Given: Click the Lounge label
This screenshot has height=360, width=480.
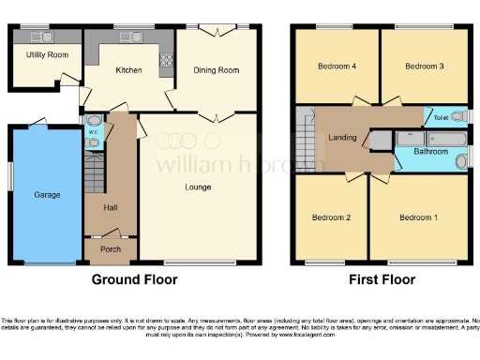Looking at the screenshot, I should tap(197, 187).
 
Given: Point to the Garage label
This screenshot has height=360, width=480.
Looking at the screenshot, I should tap(47, 195).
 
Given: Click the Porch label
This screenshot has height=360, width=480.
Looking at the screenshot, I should tap(111, 249).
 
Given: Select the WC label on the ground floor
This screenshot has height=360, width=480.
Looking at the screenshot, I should tap(93, 132).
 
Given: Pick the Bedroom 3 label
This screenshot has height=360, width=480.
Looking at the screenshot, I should tap(424, 67).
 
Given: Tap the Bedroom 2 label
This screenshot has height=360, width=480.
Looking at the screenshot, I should tap(331, 217).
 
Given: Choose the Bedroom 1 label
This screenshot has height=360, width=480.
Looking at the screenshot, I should tap(418, 217).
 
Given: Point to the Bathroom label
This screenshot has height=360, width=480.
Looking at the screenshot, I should tap(431, 151).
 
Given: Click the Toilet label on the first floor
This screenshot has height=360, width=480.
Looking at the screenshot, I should tap(441, 117).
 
